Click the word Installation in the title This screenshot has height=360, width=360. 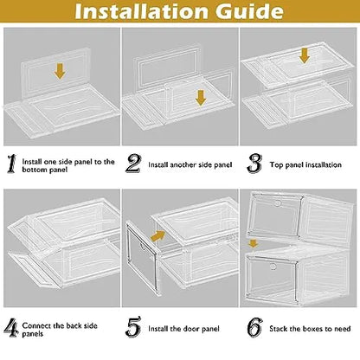coord(141,11)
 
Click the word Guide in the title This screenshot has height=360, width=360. coord(249,11)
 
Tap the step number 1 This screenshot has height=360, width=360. coord(11,164)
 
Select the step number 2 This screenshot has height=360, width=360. coord(133,164)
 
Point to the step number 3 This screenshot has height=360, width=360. coord(254,164)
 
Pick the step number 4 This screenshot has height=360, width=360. coord(11,328)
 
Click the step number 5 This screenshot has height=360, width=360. coord(133,326)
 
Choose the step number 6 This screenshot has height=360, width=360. coord(255,327)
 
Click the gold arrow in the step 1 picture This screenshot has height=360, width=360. coord(60,71)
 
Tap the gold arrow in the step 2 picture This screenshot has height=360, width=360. coord(201,98)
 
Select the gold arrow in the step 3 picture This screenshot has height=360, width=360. coord(304,55)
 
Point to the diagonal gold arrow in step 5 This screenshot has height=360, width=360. coord(157,235)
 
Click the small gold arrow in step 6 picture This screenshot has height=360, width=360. coord(253,243)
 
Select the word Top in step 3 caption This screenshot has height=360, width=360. coord(276,165)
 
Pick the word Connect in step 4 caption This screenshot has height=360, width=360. coord(36,326)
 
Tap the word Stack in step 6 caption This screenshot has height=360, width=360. coord(279,329)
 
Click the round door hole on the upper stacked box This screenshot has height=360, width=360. coord(278,203)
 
